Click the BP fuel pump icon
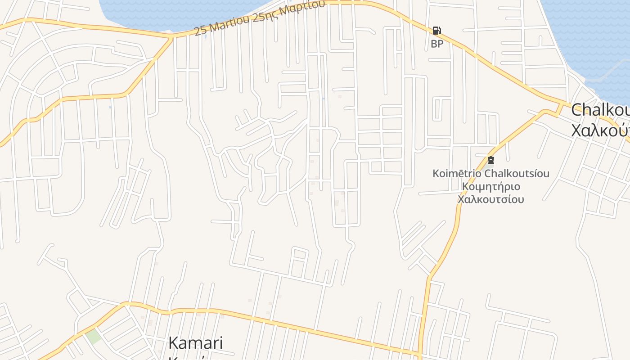436,31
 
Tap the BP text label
437,44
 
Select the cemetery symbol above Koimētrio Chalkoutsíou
491,160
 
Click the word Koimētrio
457,174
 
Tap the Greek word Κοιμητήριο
491,186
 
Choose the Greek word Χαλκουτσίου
491,199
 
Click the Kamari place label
195,343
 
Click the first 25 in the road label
201,31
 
